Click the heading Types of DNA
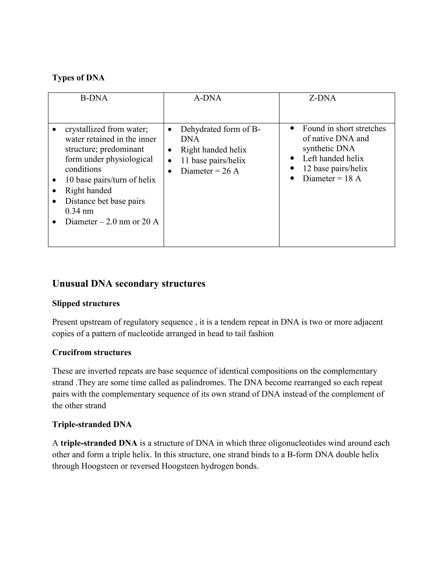78,78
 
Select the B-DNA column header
94,98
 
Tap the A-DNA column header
207,98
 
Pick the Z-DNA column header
322,98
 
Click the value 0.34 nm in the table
79,211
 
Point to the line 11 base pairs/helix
213,160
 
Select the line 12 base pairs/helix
335,169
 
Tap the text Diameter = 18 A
332,179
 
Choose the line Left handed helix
333,159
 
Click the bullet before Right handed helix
170,150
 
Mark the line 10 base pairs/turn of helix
110,180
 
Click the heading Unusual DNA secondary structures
129,284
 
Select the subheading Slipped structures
86,303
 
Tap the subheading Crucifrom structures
91,352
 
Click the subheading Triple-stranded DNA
92,425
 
